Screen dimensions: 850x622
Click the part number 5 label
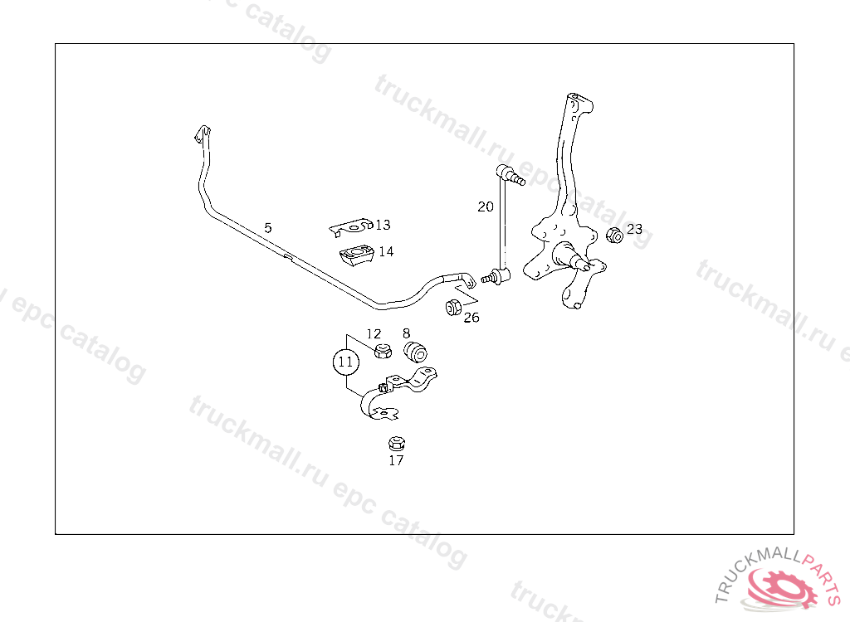pyautogui.click(x=267, y=227)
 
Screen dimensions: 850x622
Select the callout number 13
pyautogui.click(x=382, y=225)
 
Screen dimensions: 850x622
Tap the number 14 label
pyautogui.click(x=386, y=252)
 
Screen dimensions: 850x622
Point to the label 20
pyautogui.click(x=486, y=207)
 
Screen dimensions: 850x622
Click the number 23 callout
pyautogui.click(x=634, y=229)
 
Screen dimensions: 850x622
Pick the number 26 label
pyautogui.click(x=471, y=318)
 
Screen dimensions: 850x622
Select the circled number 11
pyautogui.click(x=345, y=362)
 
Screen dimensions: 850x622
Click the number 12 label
pyautogui.click(x=374, y=334)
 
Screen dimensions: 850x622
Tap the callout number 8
pyautogui.click(x=406, y=333)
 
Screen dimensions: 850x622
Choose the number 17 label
pyautogui.click(x=396, y=460)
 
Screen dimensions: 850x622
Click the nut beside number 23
pyautogui.click(x=614, y=235)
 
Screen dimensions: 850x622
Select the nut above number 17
pyautogui.click(x=396, y=443)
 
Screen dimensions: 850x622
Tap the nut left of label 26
pyautogui.click(x=453, y=308)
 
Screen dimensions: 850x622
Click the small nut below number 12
pyautogui.click(x=382, y=351)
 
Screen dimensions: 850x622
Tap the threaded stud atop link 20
pyautogui.click(x=516, y=177)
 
